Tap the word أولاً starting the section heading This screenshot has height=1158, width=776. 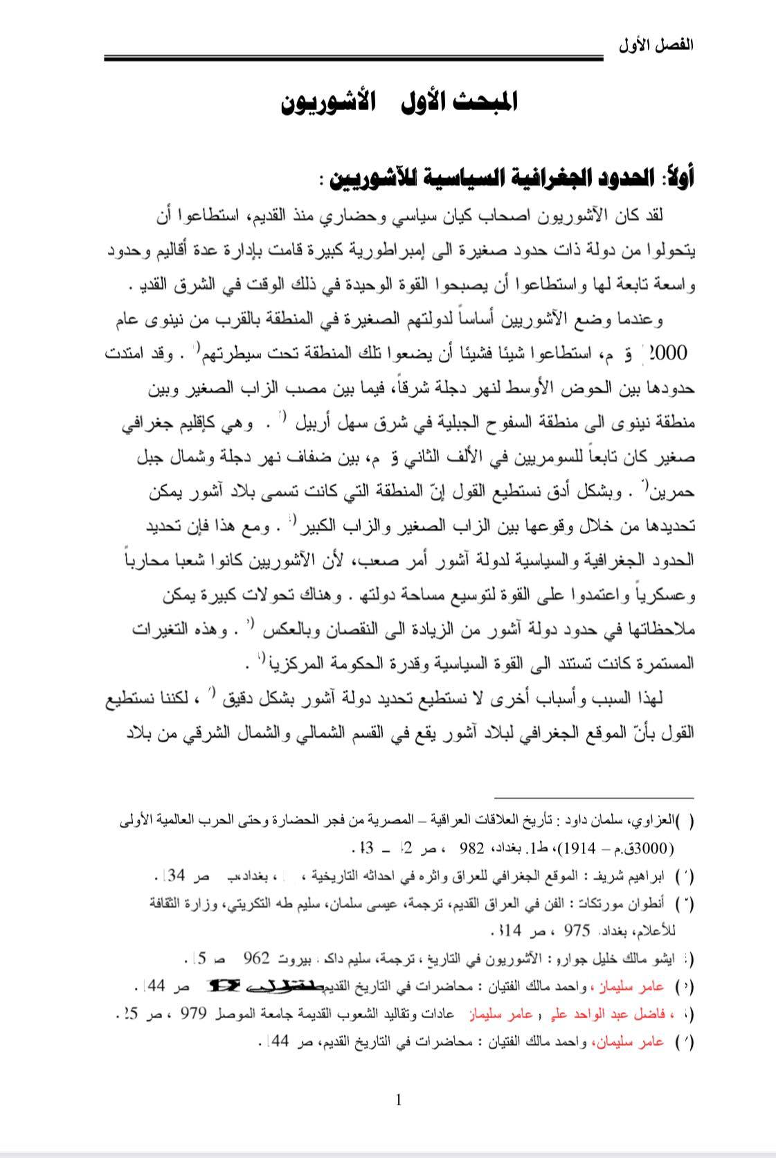(678, 179)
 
